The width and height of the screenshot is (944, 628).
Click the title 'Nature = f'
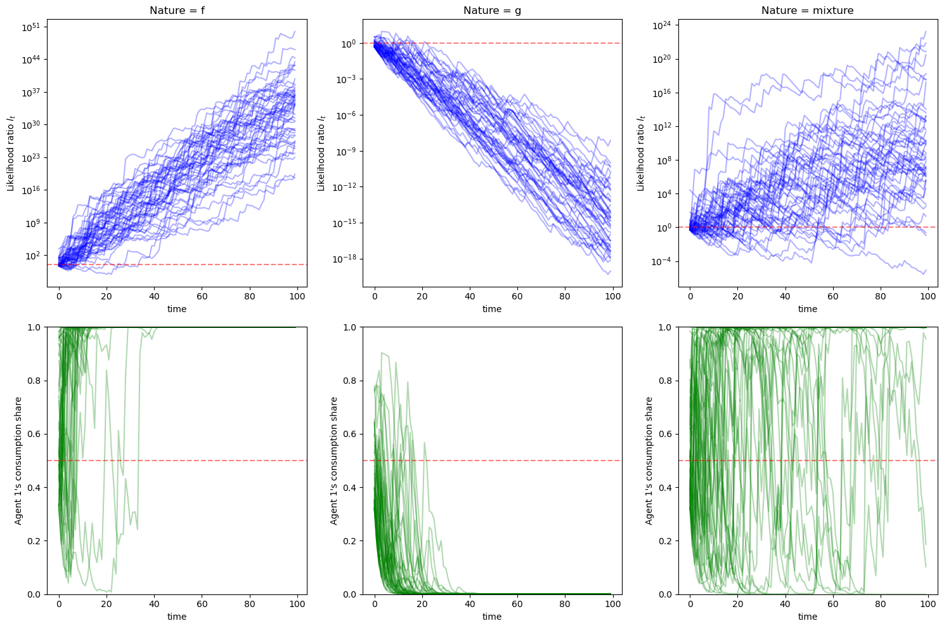[177, 10]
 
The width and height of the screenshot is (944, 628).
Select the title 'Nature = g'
[492, 10]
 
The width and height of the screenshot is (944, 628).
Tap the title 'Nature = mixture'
[808, 10]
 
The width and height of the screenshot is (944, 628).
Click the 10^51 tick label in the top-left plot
[32, 27]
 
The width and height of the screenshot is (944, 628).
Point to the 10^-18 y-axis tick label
[345, 259]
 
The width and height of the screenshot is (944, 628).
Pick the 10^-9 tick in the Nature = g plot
[347, 152]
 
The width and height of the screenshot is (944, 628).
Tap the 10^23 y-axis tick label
[32, 158]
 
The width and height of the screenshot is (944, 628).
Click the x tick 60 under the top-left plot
[202, 296]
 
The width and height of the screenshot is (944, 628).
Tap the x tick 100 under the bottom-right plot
[928, 604]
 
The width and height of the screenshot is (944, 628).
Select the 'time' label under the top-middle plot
[492, 309]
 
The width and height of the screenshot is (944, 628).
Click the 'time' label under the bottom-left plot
[177, 617]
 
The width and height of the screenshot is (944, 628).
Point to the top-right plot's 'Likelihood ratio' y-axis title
[640, 153]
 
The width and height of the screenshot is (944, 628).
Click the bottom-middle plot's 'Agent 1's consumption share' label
[333, 461]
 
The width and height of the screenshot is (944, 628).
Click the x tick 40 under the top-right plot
[785, 296]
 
